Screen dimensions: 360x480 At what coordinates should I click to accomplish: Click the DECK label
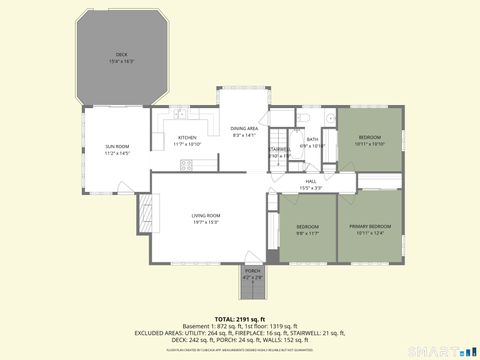click(x=121, y=54)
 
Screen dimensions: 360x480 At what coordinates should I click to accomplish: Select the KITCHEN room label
click(x=186, y=138)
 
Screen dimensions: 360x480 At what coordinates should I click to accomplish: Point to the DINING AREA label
click(x=245, y=128)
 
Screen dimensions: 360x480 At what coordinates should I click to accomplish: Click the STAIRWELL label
click(x=280, y=149)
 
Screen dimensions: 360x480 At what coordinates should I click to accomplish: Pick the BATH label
click(x=312, y=139)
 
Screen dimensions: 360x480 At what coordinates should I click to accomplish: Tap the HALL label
click(x=311, y=181)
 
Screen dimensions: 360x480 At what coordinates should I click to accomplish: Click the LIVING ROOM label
click(x=207, y=215)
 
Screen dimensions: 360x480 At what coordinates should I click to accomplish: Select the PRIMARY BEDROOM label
click(x=370, y=227)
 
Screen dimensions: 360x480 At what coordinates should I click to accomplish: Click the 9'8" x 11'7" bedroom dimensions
click(x=307, y=233)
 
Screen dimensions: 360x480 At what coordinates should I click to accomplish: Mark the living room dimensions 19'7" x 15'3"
click(x=207, y=222)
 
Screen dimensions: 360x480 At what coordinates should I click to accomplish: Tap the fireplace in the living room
click(x=144, y=212)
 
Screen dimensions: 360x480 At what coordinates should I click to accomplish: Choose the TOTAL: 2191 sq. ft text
click(x=240, y=317)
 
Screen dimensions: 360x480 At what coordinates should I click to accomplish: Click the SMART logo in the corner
click(x=447, y=349)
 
